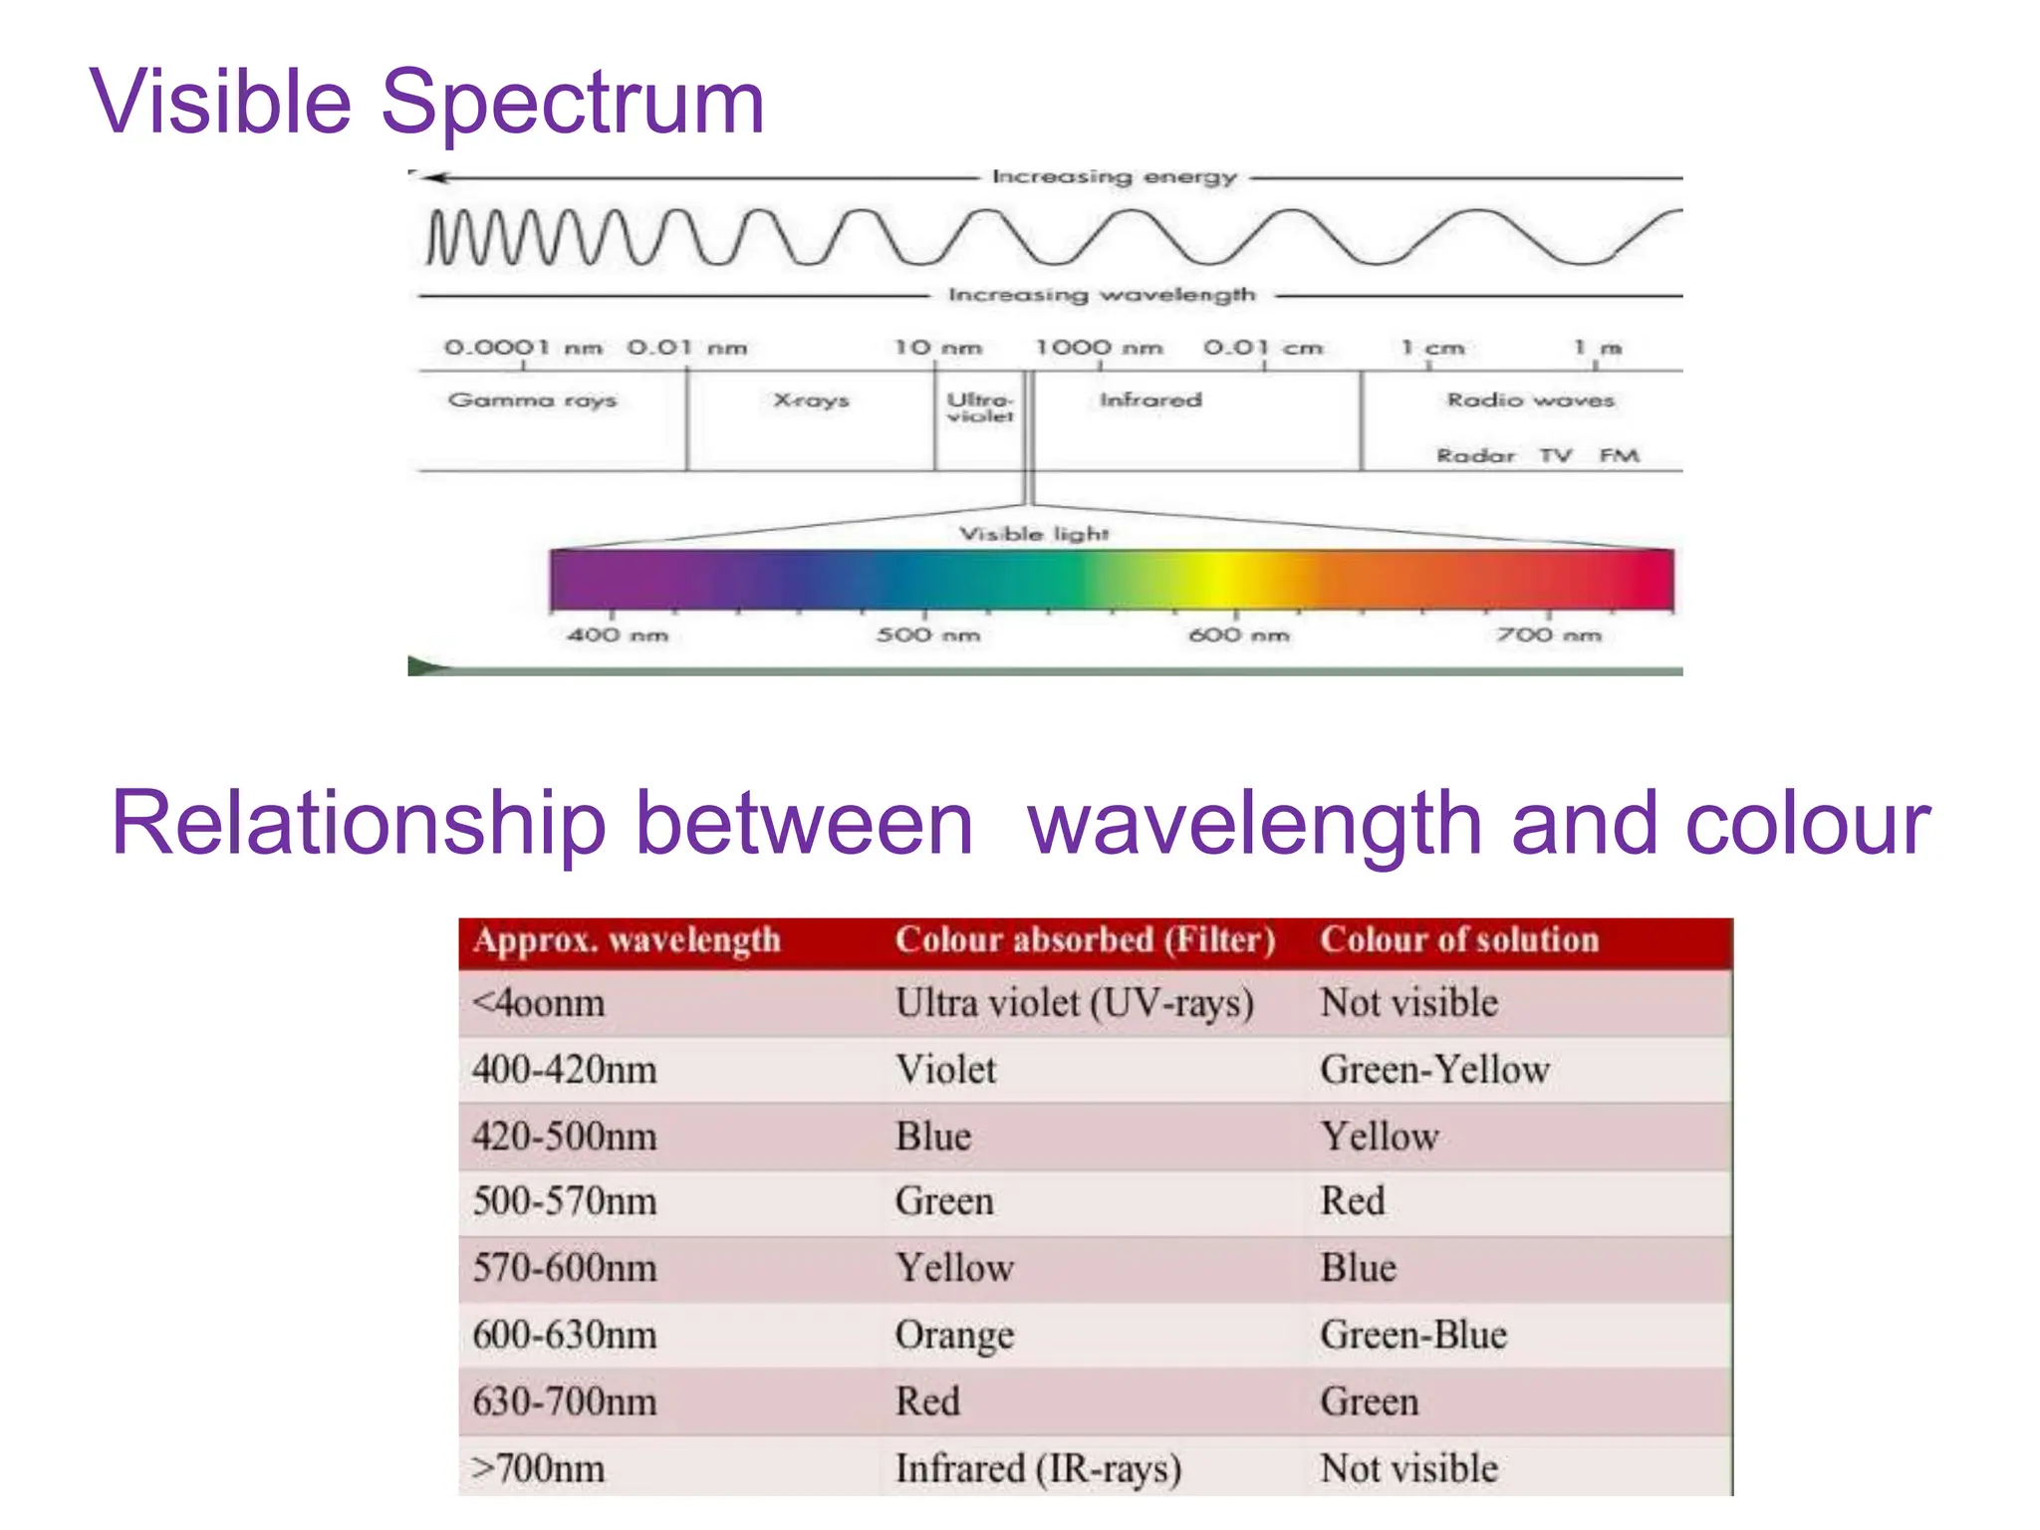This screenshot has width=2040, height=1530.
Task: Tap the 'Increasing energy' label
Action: click(x=1114, y=177)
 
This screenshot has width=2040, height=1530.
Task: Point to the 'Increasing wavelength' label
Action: click(x=1101, y=295)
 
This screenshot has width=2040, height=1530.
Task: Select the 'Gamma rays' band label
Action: click(x=532, y=400)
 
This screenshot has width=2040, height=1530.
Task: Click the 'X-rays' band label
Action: click(x=811, y=400)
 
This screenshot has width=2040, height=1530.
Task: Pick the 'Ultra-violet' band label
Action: click(x=979, y=407)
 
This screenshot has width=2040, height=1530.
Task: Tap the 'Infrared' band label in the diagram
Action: click(x=1150, y=400)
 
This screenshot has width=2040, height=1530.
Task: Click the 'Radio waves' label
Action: click(x=1530, y=400)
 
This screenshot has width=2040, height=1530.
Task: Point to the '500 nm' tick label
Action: click(x=927, y=635)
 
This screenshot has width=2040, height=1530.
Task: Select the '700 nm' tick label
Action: click(x=1548, y=635)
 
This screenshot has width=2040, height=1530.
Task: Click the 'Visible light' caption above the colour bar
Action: click(x=1033, y=534)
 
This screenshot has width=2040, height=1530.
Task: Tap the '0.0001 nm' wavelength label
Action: click(x=523, y=348)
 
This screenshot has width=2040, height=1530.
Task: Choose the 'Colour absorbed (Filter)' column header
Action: click(x=1084, y=940)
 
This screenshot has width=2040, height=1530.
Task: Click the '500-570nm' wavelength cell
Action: click(x=565, y=1201)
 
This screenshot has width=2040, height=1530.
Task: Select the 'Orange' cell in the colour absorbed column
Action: click(x=954, y=1335)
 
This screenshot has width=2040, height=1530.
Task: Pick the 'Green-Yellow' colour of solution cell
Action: click(x=1434, y=1070)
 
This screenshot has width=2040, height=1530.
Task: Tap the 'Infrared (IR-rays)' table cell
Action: click(x=1038, y=1468)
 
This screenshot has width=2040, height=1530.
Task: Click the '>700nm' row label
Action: click(x=538, y=1468)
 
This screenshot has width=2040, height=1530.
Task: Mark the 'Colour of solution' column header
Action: click(x=1458, y=940)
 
